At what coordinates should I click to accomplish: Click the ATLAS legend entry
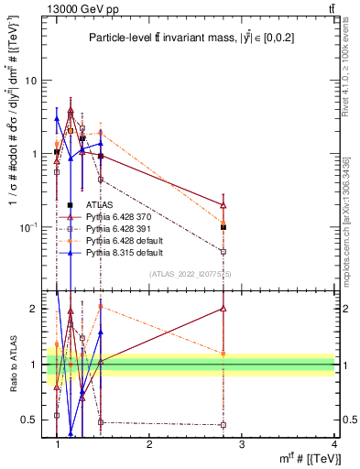coord(98,205)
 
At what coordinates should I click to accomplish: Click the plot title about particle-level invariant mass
coord(198,38)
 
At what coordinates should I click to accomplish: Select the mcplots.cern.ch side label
coord(352,211)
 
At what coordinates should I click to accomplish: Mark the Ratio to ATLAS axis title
coord(12,364)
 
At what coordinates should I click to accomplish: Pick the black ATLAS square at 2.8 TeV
coord(224,226)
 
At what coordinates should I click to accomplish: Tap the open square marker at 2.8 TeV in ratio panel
coord(224,425)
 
